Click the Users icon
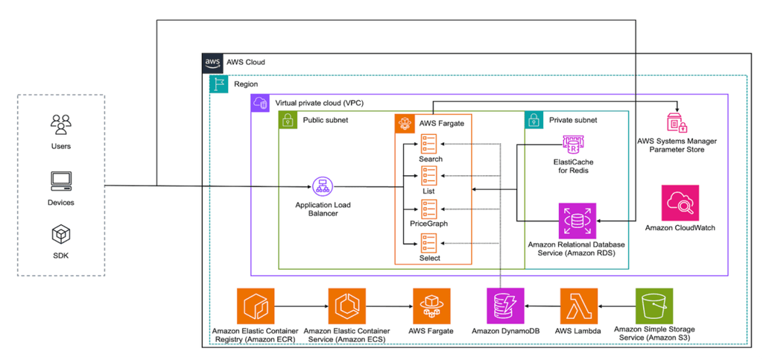[60, 123]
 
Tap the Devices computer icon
[60, 180]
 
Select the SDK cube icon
[60, 236]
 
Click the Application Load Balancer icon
[322, 186]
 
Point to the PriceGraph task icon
[429, 208]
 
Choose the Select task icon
[429, 242]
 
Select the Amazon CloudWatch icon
[680, 203]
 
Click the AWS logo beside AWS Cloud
[212, 62]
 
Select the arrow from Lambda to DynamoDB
[542, 306]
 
